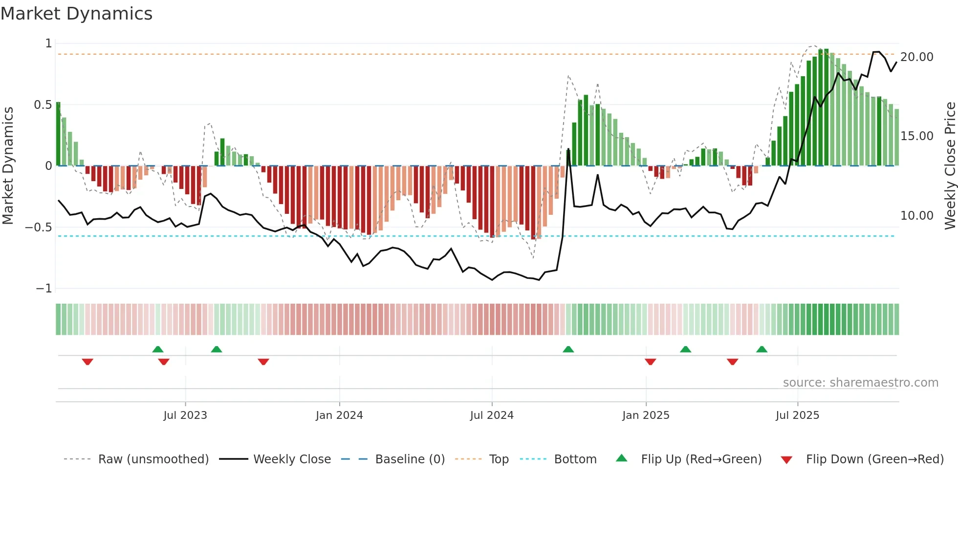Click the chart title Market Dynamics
76,14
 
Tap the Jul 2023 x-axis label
185,415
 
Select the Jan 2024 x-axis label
339,415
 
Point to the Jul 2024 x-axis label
492,415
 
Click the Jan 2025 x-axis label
646,415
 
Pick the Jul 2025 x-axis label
797,415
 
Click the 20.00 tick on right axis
917,57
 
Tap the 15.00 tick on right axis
917,136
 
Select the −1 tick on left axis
44,289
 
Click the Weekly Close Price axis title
950,166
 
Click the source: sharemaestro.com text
860,383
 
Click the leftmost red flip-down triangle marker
87,362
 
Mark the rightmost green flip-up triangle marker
762,349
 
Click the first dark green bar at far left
58,134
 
